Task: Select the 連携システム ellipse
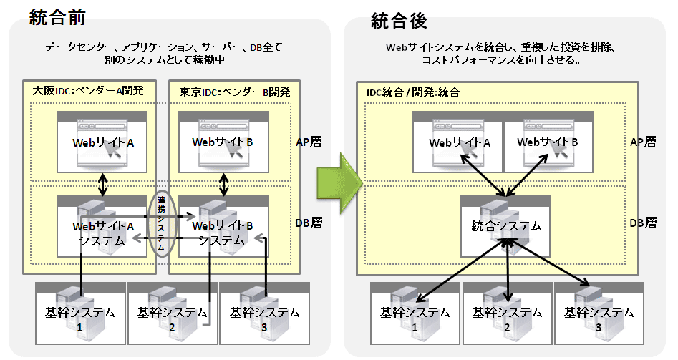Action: click(x=164, y=223)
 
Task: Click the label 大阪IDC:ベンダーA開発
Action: click(x=88, y=92)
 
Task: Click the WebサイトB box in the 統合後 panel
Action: click(x=548, y=142)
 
